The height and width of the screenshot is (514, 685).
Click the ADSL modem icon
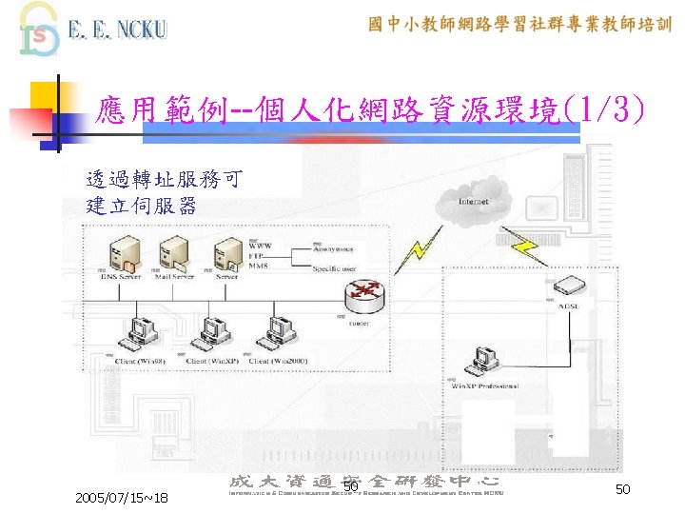pyautogui.click(x=568, y=286)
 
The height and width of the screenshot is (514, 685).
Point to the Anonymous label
pyautogui.click(x=334, y=250)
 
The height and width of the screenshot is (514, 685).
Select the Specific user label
pyautogui.click(x=336, y=269)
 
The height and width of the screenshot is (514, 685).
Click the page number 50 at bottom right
pyautogui.click(x=623, y=488)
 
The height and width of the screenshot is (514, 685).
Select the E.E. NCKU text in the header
pyautogui.click(x=117, y=30)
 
